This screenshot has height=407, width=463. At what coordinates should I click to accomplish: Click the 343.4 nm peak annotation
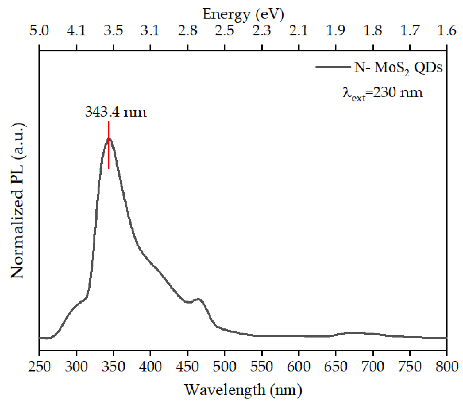click(116, 112)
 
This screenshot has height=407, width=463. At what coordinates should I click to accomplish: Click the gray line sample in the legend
click(333, 67)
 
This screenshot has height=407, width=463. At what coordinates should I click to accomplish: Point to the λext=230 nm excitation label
click(383, 93)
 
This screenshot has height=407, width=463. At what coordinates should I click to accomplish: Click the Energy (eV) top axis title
click(243, 14)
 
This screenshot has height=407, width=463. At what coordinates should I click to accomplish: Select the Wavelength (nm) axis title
click(243, 390)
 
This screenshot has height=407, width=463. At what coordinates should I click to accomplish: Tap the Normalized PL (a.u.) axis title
click(17, 201)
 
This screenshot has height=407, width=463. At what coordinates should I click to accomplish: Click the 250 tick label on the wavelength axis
click(39, 367)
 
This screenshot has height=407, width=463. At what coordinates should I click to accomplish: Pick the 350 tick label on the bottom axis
click(114, 367)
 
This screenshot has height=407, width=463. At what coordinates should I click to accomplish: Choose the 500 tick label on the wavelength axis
click(225, 367)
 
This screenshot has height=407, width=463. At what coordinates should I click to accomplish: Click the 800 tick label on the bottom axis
click(446, 367)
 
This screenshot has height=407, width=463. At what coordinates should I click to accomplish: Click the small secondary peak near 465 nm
click(198, 299)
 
